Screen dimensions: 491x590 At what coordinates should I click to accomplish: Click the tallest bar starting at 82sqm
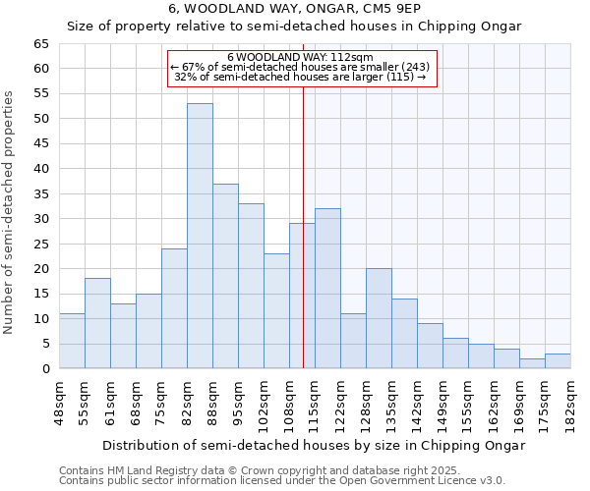pyautogui.click(x=200, y=236)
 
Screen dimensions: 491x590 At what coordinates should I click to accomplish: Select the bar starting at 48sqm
pyautogui.click(x=72, y=341)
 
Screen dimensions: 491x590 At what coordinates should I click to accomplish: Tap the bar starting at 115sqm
pyautogui.click(x=327, y=289)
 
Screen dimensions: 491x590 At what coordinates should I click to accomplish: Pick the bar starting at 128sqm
pyautogui.click(x=379, y=318)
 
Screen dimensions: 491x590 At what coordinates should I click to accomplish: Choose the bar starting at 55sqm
pyautogui.click(x=97, y=323)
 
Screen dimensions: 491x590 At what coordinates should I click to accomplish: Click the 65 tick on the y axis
pyautogui.click(x=40, y=44)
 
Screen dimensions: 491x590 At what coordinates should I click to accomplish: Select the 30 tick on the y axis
pyautogui.click(x=40, y=219)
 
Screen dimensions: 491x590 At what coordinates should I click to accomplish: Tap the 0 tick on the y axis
pyautogui.click(x=44, y=369)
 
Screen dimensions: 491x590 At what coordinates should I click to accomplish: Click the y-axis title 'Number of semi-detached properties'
pyautogui.click(x=10, y=212)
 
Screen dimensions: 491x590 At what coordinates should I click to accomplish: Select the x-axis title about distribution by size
pyautogui.click(x=313, y=445)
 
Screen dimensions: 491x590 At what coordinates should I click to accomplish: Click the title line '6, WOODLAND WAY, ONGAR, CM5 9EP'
pyautogui.click(x=294, y=9)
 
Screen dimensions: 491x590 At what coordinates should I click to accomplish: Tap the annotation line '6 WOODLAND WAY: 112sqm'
pyautogui.click(x=300, y=58)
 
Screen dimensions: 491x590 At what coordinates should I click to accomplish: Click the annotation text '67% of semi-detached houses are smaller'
pyautogui.click(x=300, y=67)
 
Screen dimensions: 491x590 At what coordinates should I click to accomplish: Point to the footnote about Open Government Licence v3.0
pyautogui.click(x=282, y=481)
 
